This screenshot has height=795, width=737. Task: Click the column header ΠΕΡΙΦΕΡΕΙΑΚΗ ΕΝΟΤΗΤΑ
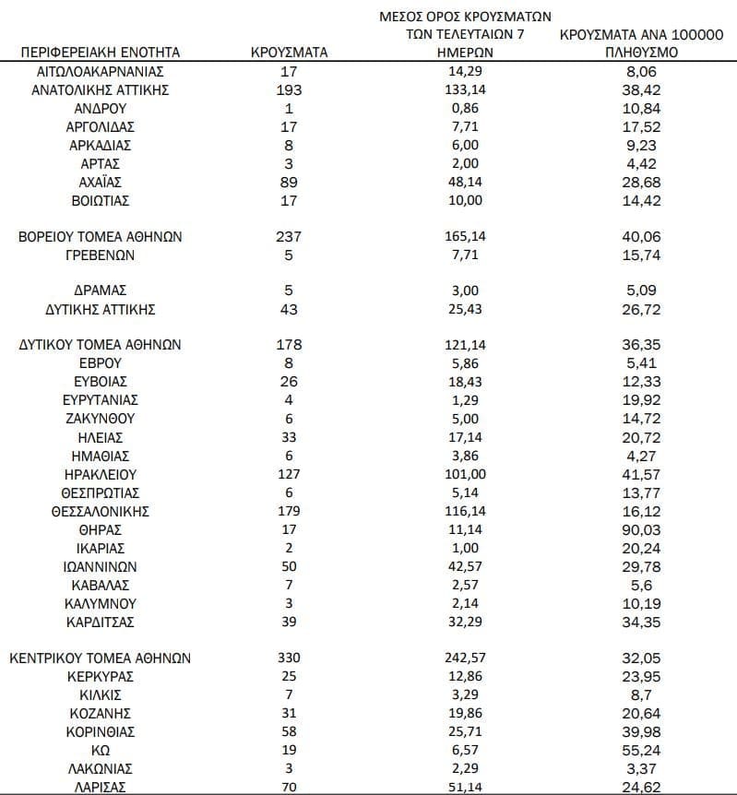[x=101, y=52]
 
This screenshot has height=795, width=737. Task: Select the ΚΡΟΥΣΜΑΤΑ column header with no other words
[x=290, y=52]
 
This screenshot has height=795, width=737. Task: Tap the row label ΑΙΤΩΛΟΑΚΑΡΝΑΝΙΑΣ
[x=101, y=71]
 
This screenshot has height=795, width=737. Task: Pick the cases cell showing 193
[x=290, y=89]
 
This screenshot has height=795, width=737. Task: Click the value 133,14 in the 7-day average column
[x=465, y=89]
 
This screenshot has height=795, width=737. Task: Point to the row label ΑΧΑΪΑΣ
[x=101, y=182]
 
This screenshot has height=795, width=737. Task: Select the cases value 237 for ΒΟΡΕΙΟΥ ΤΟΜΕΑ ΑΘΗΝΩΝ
[x=290, y=236]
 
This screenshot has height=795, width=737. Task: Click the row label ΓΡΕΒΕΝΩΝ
[x=101, y=255]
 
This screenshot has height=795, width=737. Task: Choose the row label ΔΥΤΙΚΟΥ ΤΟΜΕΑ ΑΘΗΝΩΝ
[x=101, y=345]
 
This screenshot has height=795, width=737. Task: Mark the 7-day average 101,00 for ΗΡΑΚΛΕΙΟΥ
[x=465, y=474]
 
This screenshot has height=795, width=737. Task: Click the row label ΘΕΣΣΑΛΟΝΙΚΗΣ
[x=101, y=511]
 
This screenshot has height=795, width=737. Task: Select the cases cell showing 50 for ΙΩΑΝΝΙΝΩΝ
[x=290, y=566]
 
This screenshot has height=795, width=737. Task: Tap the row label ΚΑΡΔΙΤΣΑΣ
[x=101, y=622]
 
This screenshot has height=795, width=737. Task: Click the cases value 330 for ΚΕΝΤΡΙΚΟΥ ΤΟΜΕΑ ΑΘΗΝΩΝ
[x=290, y=659]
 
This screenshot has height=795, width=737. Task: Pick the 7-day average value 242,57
[x=465, y=659]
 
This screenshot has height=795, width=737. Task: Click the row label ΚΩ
[x=101, y=750]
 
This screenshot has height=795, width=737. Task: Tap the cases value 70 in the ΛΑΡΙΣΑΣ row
[x=290, y=787]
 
